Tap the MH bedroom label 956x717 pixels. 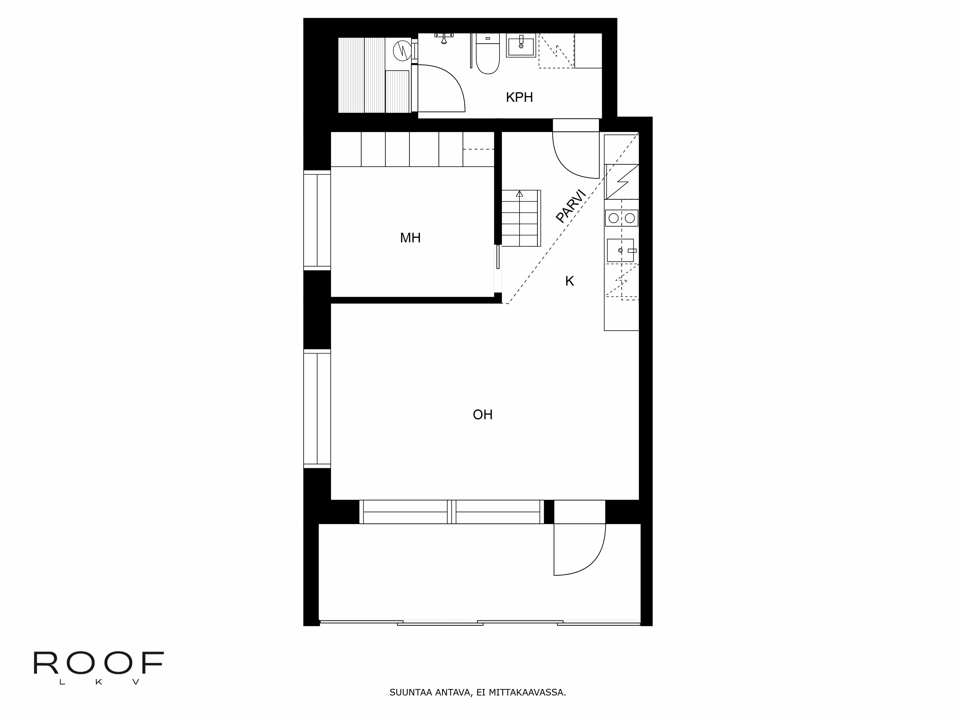tap(410, 238)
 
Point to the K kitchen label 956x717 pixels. tap(569, 281)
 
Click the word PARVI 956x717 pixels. tap(570, 206)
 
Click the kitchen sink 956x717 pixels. tap(620, 250)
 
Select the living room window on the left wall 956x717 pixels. tap(317, 408)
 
